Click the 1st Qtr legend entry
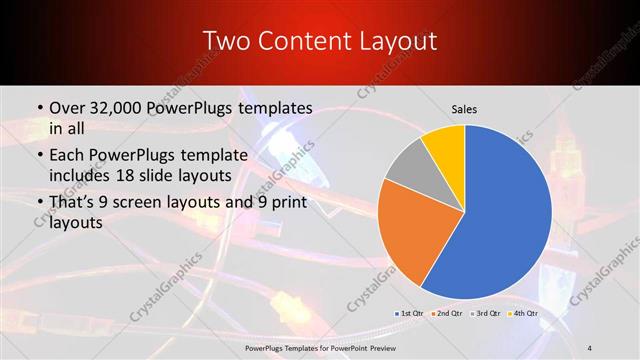pyautogui.click(x=409, y=313)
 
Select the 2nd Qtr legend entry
pyautogui.click(x=446, y=313)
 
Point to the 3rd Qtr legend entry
pyautogui.click(x=484, y=313)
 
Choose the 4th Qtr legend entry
pyautogui.click(x=522, y=313)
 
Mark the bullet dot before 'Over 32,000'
pyautogui.click(x=38, y=107)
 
